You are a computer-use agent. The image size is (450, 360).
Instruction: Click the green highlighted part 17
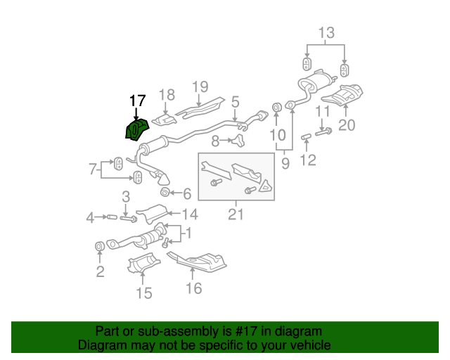pyautogui.click(x=136, y=130)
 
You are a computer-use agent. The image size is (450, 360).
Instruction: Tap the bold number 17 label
pyautogui.click(x=138, y=101)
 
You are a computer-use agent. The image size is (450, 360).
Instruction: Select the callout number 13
pyautogui.click(x=326, y=33)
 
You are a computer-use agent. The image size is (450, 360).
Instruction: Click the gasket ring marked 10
pyautogui.click(x=276, y=108)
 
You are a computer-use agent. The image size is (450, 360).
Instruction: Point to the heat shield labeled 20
pyautogui.click(x=342, y=95)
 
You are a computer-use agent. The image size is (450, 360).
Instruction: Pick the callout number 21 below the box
pyautogui.click(x=236, y=214)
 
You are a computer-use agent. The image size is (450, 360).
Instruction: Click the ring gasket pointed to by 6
pyautogui.click(x=165, y=192)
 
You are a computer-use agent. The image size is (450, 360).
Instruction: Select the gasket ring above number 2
pyautogui.click(x=100, y=246)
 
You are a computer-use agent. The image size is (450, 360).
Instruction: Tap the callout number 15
pyautogui.click(x=143, y=293)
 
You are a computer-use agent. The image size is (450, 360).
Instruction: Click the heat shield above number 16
pyautogui.click(x=198, y=262)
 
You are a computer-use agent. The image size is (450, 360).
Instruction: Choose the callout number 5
pyautogui.click(x=235, y=102)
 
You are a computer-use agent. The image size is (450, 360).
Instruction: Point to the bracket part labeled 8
pyautogui.click(x=238, y=141)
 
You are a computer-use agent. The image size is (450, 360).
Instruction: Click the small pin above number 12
pyautogui.click(x=306, y=137)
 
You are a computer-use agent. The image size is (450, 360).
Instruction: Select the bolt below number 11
pyautogui.click(x=323, y=132)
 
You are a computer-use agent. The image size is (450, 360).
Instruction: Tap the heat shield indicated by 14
pyautogui.click(x=152, y=213)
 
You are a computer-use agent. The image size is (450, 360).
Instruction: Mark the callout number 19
pyautogui.click(x=200, y=86)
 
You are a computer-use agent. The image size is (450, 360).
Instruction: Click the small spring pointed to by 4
pyautogui.click(x=112, y=217)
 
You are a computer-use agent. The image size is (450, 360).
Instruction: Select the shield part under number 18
pyautogui.click(x=164, y=120)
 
